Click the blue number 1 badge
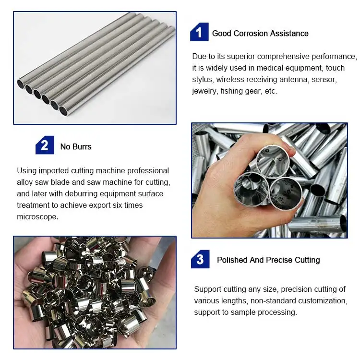199,33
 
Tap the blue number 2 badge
45,145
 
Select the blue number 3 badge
200,259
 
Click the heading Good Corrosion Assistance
260,34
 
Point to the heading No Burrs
76,147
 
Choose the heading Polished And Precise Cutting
268,260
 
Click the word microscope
38,216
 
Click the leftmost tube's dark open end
22,84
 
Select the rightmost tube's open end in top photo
64,111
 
